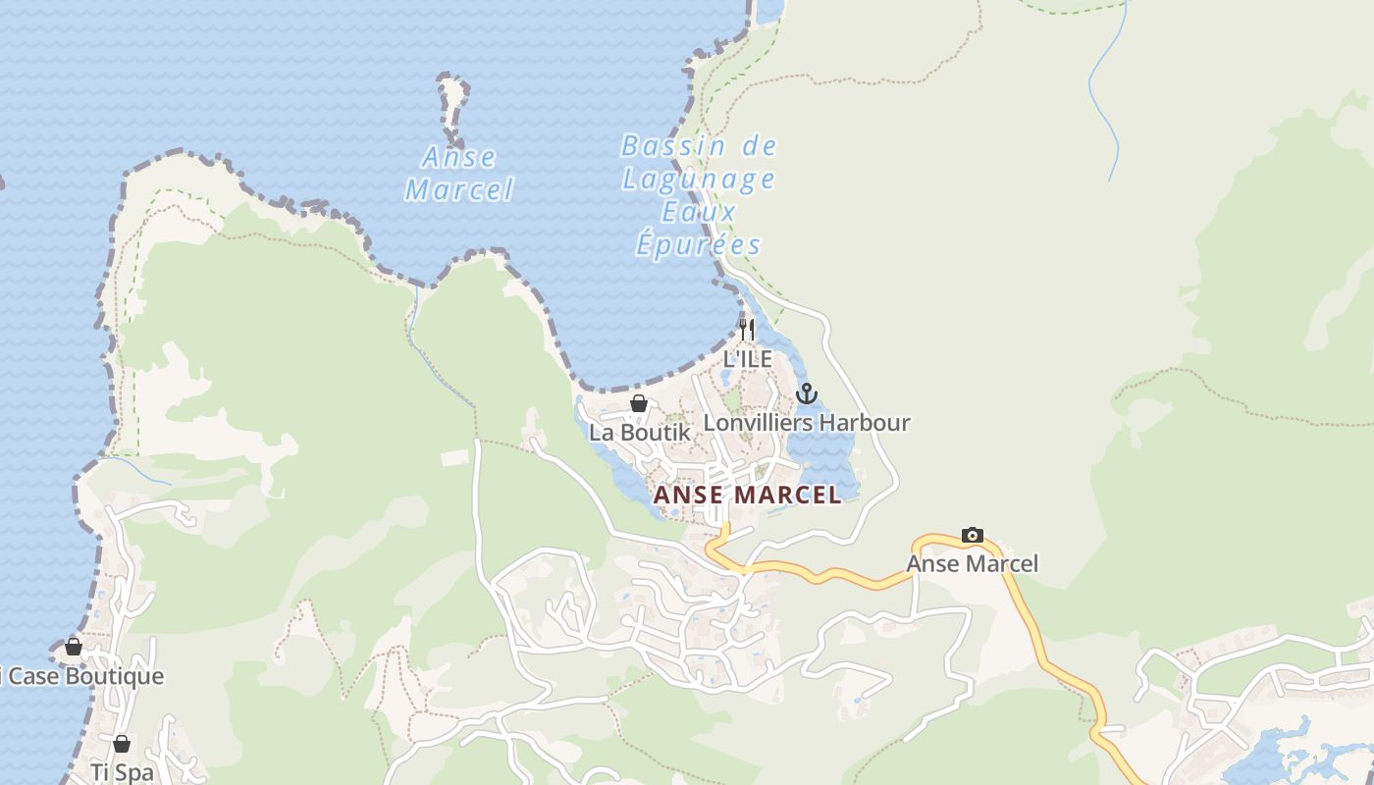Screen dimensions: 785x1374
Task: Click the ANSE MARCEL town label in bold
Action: coord(747,495)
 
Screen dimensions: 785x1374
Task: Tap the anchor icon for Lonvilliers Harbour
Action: coord(806,394)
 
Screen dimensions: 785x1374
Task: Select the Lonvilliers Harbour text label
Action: coord(807,423)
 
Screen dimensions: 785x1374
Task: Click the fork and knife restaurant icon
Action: coord(748,330)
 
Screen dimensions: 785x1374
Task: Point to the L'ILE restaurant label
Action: coord(748,359)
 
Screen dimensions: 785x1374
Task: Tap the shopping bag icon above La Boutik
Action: coord(639,403)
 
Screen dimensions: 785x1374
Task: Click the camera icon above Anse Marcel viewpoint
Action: coord(972,535)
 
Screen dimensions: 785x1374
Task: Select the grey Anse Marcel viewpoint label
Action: coord(972,563)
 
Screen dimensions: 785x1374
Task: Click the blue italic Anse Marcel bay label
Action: coord(459,173)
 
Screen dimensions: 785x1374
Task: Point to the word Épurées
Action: coord(698,244)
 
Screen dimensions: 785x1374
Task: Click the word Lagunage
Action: coord(699,180)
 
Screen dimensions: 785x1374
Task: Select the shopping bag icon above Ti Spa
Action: coord(122,744)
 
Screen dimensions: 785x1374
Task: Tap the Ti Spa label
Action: coord(122,771)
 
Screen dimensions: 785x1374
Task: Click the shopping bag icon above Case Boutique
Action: coord(74,647)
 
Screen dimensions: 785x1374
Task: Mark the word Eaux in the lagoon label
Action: coord(698,212)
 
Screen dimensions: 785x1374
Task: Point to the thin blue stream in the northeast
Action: coord(1104,98)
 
